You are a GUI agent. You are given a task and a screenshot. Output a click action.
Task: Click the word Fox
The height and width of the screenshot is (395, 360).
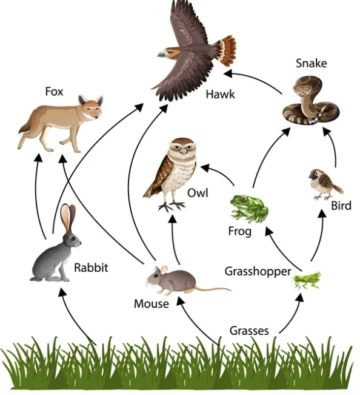pos(54,92)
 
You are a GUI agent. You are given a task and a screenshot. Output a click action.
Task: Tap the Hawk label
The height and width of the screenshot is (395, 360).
pos(220,95)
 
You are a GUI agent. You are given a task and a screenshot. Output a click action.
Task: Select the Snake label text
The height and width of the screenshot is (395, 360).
pos(311,63)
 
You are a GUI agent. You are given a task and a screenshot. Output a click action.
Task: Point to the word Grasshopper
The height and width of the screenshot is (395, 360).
pos(258,272)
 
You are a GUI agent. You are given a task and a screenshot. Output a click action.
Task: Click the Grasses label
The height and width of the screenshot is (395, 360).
pos(249,331)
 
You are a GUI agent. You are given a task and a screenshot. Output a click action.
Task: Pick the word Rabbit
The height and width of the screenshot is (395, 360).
pos(91,268)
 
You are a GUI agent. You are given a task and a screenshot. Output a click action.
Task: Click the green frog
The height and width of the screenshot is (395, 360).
pos(249,208)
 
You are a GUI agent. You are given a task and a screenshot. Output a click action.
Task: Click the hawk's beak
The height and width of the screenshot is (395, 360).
pos(161,54)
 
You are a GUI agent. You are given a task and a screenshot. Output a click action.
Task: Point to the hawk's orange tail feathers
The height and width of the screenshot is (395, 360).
pos(227,50)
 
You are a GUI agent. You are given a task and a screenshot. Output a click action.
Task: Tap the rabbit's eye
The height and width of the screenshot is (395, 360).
pos(73,238)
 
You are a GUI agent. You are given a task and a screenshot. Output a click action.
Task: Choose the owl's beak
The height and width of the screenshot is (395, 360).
pos(183,150)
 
